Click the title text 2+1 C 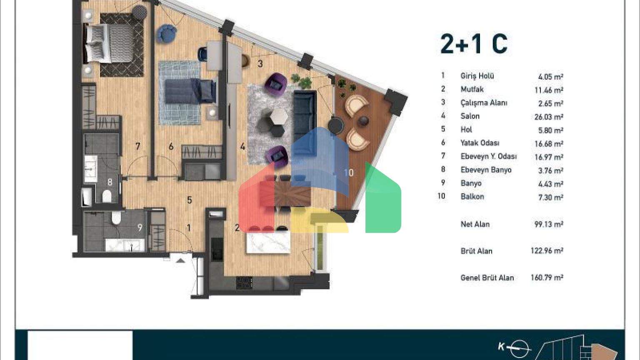pos(474,44)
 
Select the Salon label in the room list pos(470,116)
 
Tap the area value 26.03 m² pos(549,117)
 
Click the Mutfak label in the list pos(472,90)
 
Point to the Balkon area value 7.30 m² pos(550,197)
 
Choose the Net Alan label pos(475,224)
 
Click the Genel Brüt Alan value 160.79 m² pos(547,277)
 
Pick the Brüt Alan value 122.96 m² pos(547,250)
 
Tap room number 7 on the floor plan pos(138,146)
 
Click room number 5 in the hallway pos(190,200)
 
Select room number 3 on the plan pos(260,64)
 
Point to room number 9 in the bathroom pos(140,227)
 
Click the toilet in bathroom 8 pos(107,196)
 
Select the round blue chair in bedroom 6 pos(166,34)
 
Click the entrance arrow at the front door pos(180,260)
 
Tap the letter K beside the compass pos(501,347)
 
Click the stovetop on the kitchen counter pos(244,282)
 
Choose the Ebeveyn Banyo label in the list pos(486,170)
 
